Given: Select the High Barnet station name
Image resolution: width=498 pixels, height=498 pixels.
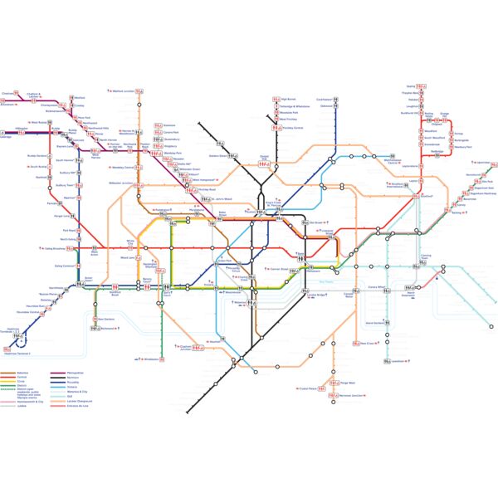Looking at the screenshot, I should [288, 99].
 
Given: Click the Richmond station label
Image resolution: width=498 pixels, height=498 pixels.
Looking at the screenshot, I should [107, 327].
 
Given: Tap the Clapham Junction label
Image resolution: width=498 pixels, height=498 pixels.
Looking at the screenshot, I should [185, 347].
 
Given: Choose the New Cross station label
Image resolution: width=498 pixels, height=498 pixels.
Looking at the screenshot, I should [369, 343].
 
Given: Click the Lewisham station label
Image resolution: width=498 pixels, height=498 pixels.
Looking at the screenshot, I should [400, 361].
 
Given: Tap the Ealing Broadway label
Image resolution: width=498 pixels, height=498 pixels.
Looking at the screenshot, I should [55, 248].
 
